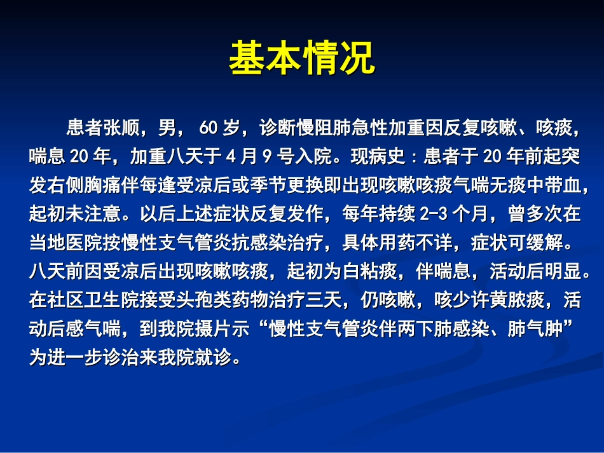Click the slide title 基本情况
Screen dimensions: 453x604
[302, 59]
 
